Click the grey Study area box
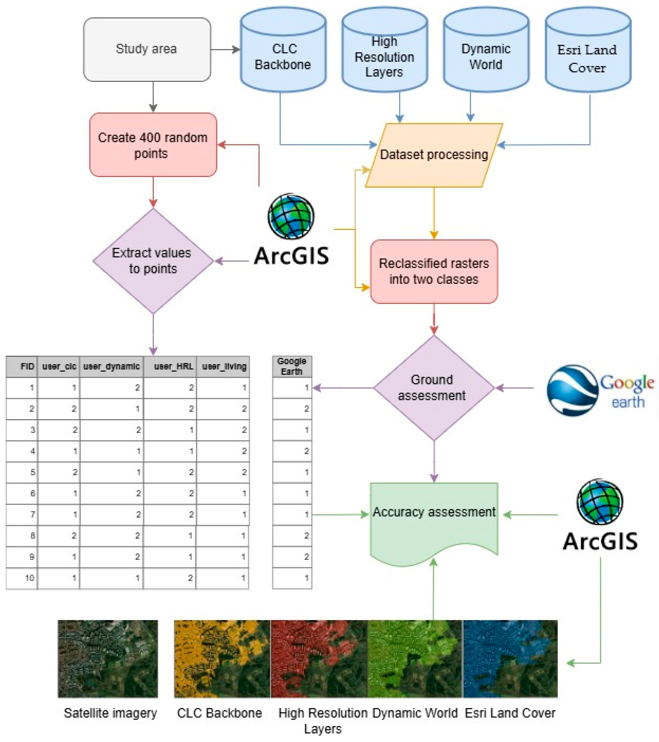[147, 49]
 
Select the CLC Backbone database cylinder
[283, 55]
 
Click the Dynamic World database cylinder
[486, 55]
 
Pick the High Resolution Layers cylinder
[384, 55]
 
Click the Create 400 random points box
[153, 145]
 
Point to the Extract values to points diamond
[153, 261]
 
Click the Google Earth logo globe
[572, 390]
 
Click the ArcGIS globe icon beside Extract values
[291, 216]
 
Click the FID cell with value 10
[22, 578]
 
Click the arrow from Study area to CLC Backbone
[225, 49]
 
